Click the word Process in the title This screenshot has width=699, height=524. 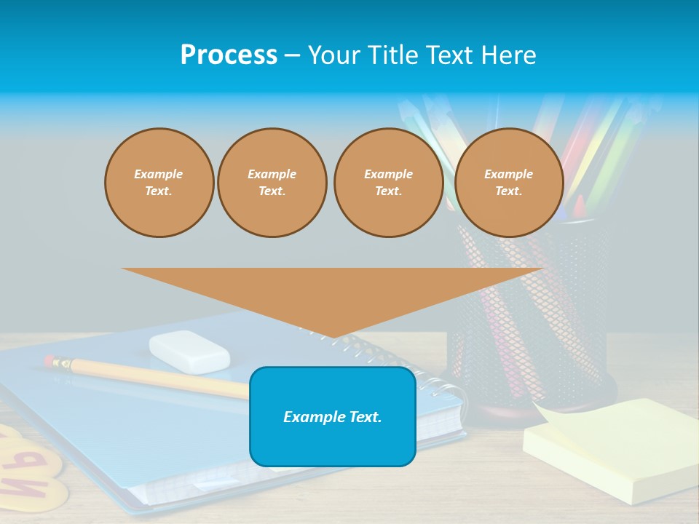point(229,55)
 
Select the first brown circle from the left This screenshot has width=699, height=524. point(159,183)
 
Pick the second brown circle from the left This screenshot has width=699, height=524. point(272,183)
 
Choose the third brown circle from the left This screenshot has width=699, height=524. point(388,183)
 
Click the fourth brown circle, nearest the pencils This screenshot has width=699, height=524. point(508,183)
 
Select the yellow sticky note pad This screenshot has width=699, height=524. point(612,455)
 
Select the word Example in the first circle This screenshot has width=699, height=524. point(159,174)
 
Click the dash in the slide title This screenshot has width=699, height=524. point(293,55)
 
